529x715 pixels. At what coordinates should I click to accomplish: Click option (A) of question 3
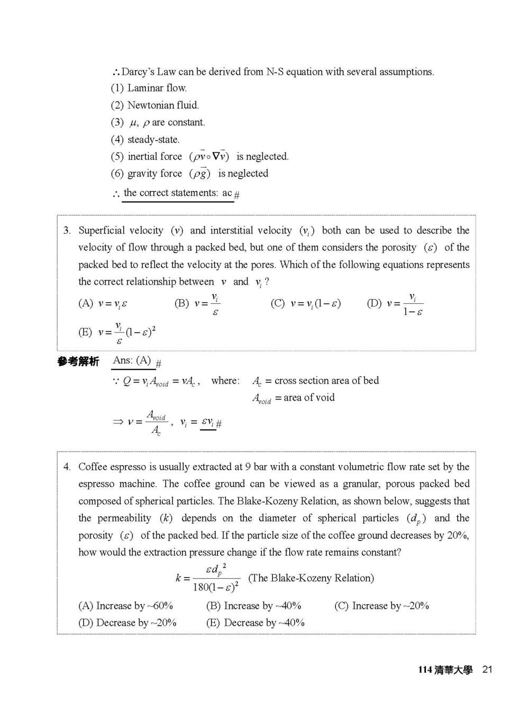103,304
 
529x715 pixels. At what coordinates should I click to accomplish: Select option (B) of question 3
197,304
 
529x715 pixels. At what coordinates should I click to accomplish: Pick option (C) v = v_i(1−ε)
306,304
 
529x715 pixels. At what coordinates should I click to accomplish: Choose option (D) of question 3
395,304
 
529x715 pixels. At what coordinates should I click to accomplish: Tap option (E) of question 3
117,332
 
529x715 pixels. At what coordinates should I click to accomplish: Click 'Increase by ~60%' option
126,606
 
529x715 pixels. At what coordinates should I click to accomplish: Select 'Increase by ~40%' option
254,606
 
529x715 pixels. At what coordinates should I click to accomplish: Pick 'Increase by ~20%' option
381,606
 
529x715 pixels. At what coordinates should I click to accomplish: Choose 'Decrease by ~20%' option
127,623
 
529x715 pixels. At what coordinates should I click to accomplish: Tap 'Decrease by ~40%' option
256,623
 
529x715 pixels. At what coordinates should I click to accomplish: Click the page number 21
487,670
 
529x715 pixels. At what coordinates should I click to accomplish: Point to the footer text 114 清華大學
445,670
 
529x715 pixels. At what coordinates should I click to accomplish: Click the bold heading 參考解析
78,361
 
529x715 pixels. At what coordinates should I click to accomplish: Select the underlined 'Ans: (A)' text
132,360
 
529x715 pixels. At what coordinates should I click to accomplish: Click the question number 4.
67,467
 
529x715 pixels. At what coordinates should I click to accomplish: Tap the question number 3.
67,230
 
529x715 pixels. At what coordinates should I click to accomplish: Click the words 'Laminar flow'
157,88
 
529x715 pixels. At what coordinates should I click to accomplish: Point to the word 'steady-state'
153,140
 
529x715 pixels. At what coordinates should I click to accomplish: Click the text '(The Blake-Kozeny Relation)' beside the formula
311,578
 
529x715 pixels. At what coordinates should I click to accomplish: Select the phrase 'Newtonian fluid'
163,105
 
